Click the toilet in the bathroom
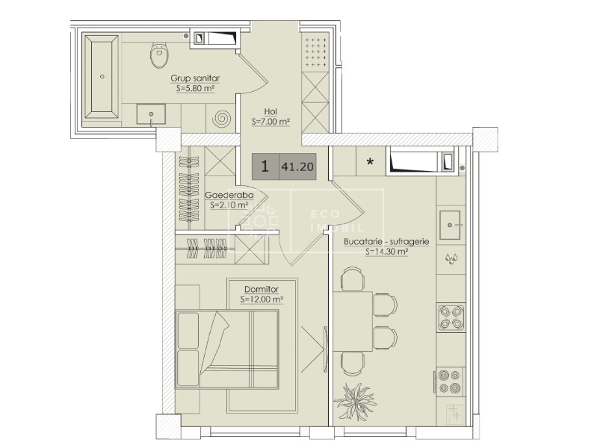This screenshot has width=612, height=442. coord(160,55)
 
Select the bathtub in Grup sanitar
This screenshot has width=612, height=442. coord(102,77)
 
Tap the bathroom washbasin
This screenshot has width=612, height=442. coord(151,114)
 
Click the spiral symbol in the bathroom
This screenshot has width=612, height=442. coord(222,118)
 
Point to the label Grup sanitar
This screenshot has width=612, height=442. coord(195,78)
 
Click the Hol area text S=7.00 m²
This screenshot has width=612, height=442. coord(271,122)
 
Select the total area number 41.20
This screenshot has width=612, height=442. coord(297,167)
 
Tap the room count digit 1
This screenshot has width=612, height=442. coord(265,166)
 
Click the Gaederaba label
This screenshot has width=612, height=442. coord(229,195)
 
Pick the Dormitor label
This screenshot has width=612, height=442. coord(262,290)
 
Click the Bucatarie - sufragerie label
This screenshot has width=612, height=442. coord(386,242)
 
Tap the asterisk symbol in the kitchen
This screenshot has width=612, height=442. coord(371,161)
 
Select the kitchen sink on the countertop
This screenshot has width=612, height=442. coord(450,225)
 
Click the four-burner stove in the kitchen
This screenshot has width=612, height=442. coord(451,317)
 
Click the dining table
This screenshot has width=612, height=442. coord(353,322)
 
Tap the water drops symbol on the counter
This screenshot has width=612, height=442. coord(451,258)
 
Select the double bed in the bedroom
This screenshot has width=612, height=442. coord(227,349)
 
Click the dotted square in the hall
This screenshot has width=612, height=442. coord(316,52)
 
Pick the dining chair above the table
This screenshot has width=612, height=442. coord(353,279)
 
